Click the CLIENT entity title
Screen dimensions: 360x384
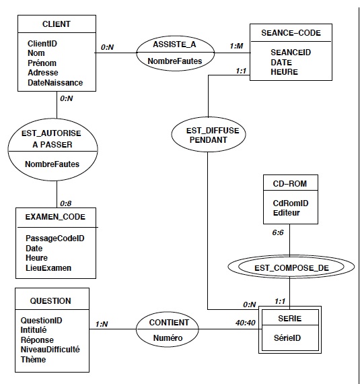tap(57, 24)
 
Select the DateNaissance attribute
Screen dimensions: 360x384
tap(55, 83)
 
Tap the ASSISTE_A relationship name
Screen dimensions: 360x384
tap(174, 44)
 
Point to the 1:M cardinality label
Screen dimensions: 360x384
tap(236, 46)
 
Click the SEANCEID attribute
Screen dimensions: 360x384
tap(291, 52)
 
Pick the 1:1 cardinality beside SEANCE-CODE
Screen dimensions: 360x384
tap(241, 71)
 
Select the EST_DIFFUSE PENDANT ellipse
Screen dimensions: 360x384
tap(209, 134)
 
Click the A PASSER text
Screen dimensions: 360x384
tap(52, 144)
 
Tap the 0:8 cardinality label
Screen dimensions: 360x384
tap(66, 203)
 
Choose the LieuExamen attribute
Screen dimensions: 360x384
tap(48, 267)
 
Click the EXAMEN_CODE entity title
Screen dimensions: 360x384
tap(55, 217)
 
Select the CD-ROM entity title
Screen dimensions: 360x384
tap(290, 184)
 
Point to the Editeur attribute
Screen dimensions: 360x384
tap(287, 213)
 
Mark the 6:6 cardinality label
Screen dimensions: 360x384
tap(278, 232)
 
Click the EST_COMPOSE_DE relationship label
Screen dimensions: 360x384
tap(291, 268)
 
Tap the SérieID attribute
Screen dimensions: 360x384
tap(287, 338)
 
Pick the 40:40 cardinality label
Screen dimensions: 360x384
tap(246, 323)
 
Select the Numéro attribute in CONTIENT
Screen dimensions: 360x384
tap(168, 338)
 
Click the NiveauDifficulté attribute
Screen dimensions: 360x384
tap(50, 349)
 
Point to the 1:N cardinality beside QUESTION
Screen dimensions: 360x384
tap(102, 324)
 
